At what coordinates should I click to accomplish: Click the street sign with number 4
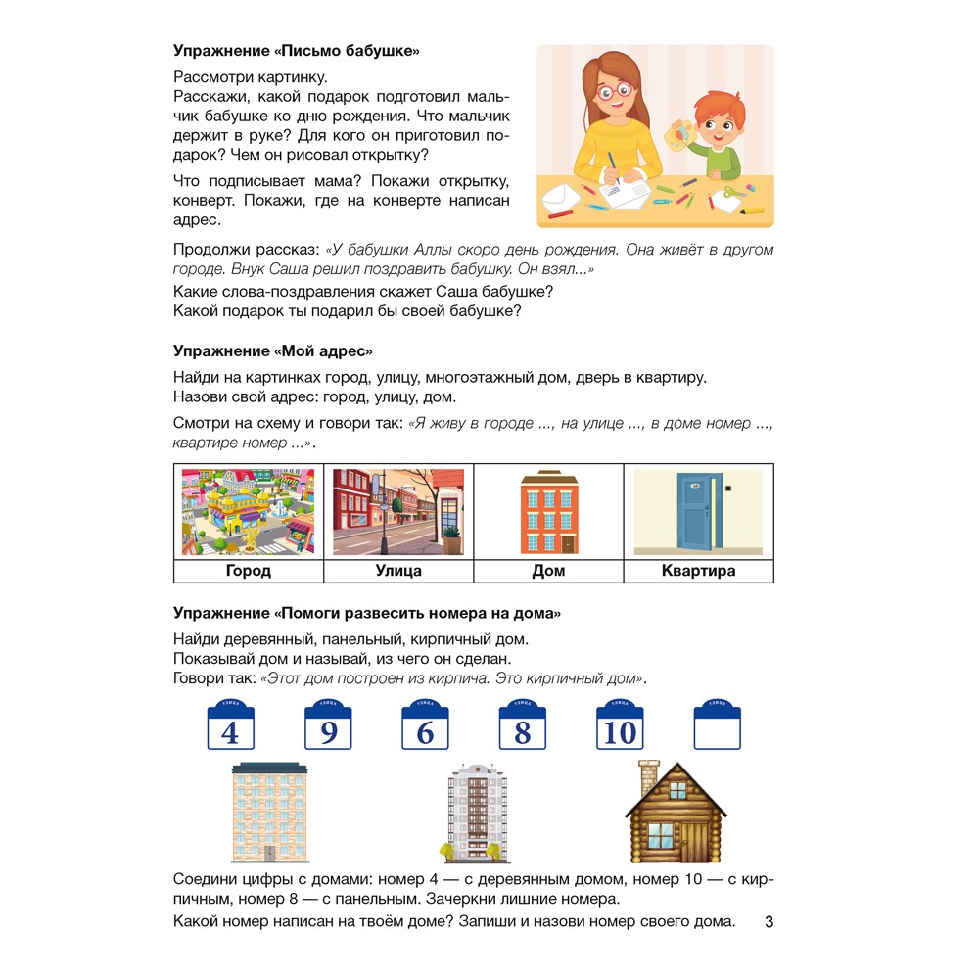(x=231, y=726)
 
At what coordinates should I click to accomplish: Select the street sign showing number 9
(x=328, y=726)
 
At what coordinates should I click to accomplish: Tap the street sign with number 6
(x=425, y=726)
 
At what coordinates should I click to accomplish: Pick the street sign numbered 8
(x=522, y=726)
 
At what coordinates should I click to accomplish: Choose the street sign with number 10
(x=620, y=726)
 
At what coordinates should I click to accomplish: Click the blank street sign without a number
(x=717, y=726)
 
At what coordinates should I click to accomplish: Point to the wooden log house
(x=676, y=813)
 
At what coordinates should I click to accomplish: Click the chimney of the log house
(x=649, y=777)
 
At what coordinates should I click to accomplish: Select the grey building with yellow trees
(x=477, y=813)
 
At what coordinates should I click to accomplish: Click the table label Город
(x=249, y=571)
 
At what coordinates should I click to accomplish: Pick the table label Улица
(x=398, y=571)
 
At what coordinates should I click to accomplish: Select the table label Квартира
(x=698, y=571)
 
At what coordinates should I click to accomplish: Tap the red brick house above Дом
(x=548, y=512)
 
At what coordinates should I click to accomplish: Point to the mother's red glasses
(x=613, y=93)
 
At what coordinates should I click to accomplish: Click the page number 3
(x=769, y=922)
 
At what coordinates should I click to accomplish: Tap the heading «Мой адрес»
(x=273, y=350)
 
